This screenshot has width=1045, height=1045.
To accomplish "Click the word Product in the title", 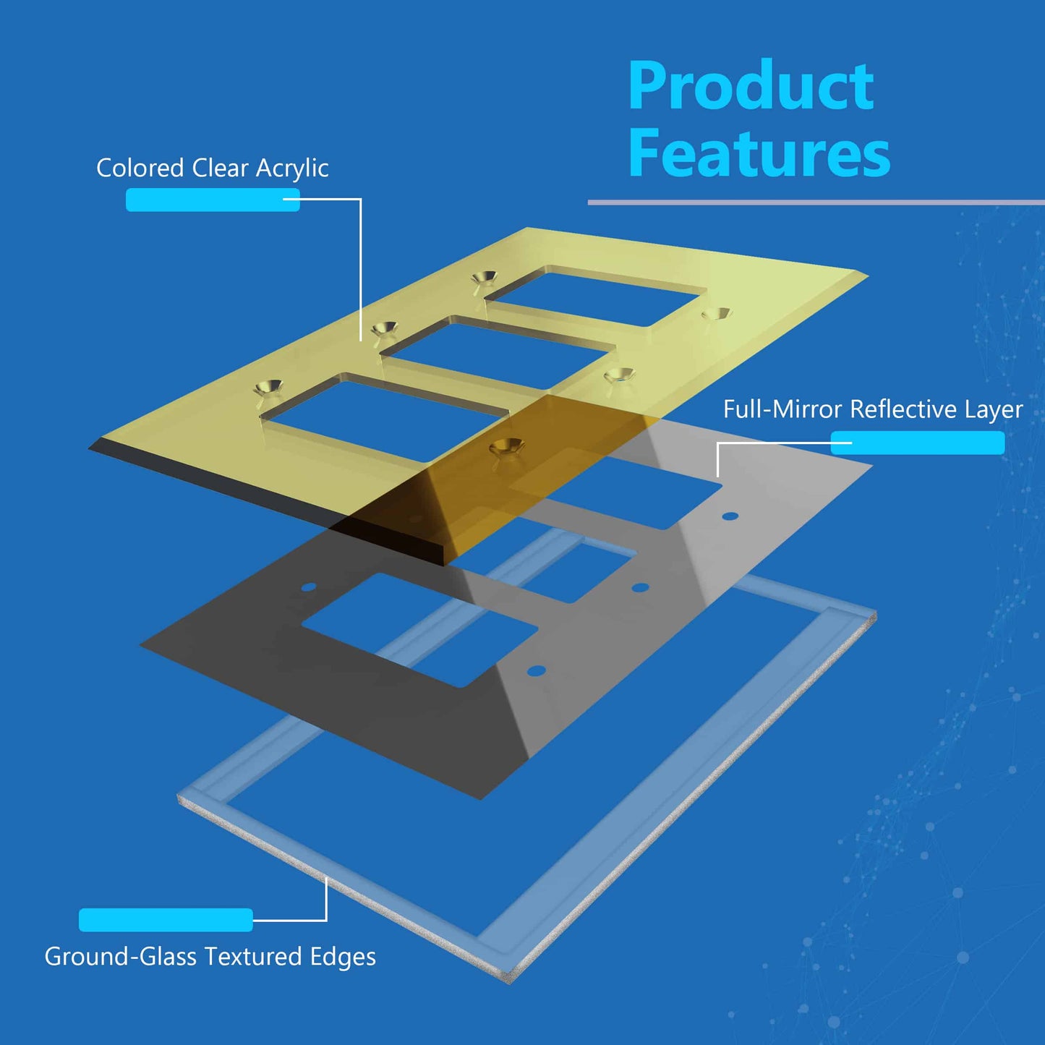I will point(751,87).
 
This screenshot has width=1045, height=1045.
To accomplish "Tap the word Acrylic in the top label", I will point(292,169).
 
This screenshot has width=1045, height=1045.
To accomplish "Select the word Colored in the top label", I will point(140,168).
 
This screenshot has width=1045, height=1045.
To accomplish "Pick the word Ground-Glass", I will point(120,957).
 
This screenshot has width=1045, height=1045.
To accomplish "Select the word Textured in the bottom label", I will point(253,957).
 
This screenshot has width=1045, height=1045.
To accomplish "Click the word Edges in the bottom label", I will point(343,957).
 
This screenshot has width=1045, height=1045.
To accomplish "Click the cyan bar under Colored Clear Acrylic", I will point(213,200).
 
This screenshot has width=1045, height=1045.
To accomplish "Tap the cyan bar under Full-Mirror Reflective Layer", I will point(917,443).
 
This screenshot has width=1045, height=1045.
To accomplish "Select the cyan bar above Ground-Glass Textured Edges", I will point(166,920).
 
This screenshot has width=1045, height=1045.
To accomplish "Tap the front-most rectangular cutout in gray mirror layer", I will point(419,629).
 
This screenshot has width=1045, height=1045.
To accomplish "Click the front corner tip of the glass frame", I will point(511,979).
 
